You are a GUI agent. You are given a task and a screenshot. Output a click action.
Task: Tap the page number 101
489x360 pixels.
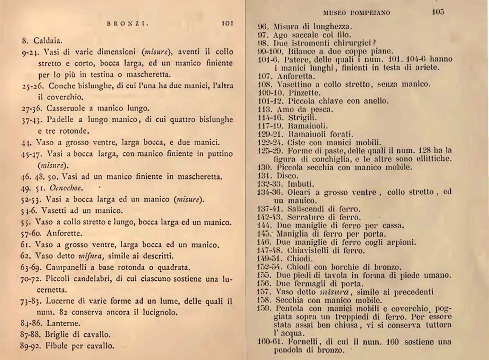click(x=227, y=22)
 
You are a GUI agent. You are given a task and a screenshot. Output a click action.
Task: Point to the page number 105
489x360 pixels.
click(x=439, y=12)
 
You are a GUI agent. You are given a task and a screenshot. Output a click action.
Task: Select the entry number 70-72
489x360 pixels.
click(x=32, y=279)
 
